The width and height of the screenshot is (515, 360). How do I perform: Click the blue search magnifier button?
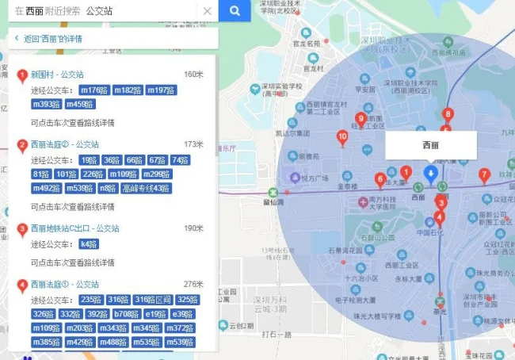point(235,11)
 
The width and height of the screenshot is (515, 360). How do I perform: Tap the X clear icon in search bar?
point(208,11)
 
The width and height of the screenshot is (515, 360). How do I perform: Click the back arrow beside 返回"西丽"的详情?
point(16,38)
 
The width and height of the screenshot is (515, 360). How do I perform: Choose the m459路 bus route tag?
point(80,104)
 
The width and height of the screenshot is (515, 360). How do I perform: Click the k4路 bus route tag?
point(89,243)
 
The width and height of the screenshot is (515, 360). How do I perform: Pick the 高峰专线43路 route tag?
point(146,188)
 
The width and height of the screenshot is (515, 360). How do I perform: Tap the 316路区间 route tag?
point(152,300)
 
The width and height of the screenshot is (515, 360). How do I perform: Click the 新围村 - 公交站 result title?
point(56,75)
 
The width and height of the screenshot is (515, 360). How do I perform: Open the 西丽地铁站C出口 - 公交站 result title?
point(74,228)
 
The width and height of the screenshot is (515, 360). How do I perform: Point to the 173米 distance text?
point(193,144)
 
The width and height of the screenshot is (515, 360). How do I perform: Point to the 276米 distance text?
point(193,284)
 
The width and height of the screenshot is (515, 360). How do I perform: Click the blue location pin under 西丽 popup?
point(430,174)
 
